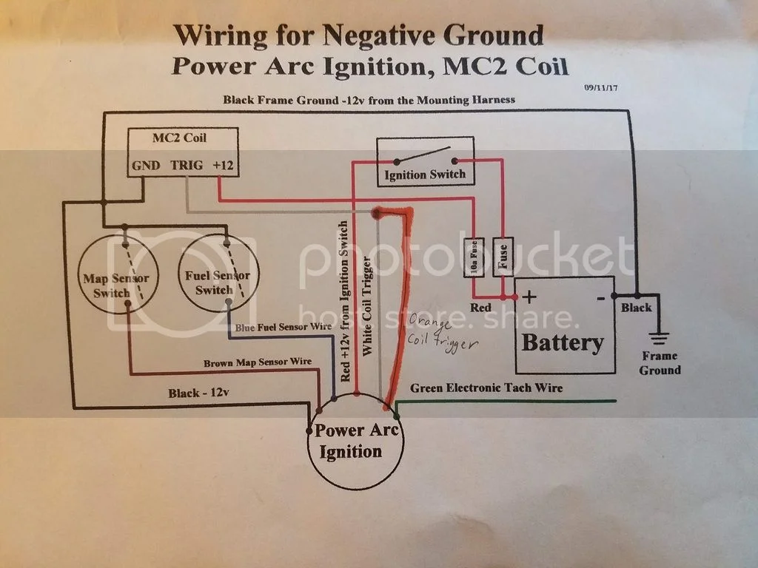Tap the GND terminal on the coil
[146, 166]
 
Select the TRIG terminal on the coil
[186, 166]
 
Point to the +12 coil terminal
[223, 166]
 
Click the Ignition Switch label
[425, 175]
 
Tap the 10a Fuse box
[474, 257]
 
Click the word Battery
[563, 343]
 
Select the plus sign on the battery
[530, 297]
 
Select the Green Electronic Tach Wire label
[486, 388]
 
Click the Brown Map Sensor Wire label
[258, 362]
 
